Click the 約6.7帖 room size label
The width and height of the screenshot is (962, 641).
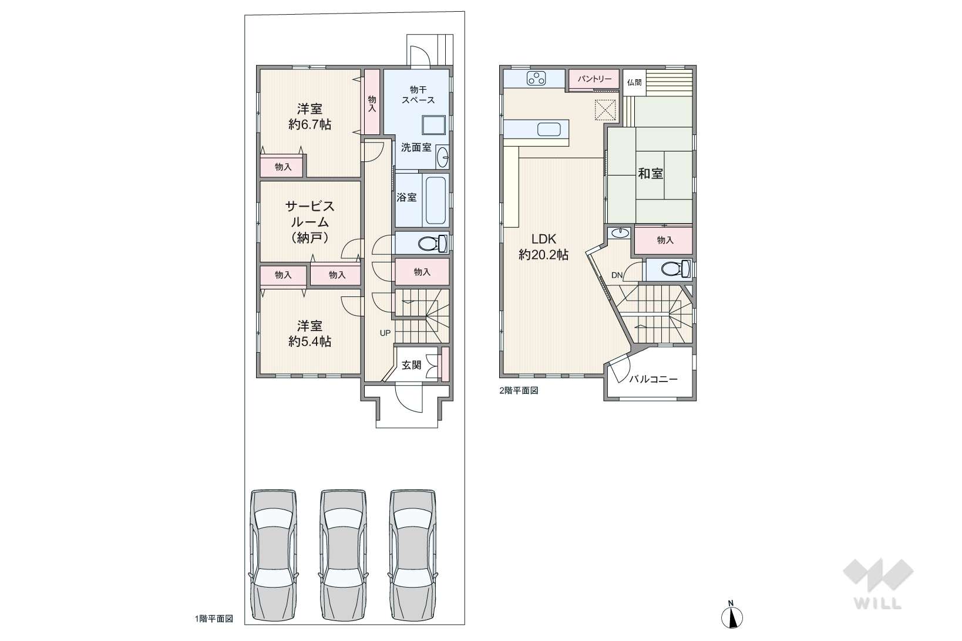310,124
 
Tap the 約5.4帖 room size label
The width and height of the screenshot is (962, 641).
310,341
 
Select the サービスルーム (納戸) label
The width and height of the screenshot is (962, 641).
310,222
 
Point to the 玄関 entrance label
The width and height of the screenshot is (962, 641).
411,365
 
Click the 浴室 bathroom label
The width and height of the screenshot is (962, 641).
406,197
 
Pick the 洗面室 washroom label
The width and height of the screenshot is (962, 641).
416,148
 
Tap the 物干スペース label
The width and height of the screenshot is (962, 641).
418,95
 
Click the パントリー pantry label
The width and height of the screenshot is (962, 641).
594,79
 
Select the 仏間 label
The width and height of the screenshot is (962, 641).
634,82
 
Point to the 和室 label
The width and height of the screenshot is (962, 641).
651,173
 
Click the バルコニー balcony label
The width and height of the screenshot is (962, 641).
653,379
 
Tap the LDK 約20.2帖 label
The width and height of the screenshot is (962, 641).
544,247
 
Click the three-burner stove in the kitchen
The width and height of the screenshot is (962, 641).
536,79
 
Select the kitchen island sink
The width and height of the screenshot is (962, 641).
549,129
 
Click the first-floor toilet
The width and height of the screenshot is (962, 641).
432,244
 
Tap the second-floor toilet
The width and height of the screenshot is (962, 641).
676,269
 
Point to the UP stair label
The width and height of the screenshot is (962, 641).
385,333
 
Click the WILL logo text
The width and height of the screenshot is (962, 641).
878,603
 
